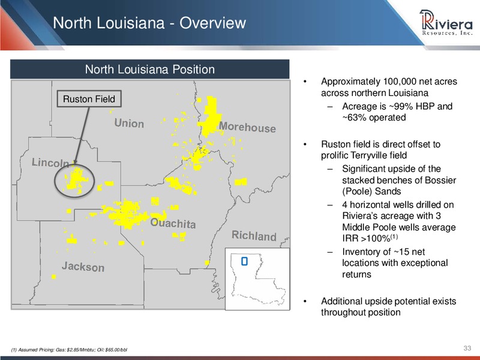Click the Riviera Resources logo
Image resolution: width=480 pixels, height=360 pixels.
tap(446, 22)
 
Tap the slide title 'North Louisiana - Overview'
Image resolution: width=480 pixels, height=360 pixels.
tap(149, 23)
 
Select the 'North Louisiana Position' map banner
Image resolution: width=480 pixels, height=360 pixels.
tap(149, 69)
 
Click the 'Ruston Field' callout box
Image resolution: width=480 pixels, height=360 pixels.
tap(89, 99)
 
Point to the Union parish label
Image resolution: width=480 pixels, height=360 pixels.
tap(129, 123)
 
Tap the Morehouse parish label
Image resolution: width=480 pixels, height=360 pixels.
tap(247, 127)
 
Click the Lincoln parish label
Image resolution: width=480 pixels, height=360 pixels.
tap(50, 163)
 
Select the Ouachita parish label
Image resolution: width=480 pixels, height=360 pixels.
tap(173, 223)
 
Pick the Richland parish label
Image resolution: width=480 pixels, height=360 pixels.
tap(254, 236)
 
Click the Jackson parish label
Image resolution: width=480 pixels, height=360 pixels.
tap(83, 266)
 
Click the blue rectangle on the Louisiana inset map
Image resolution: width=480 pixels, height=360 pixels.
tap(244, 261)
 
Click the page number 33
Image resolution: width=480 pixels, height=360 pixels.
tap(467, 348)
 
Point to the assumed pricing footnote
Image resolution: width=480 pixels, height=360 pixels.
tap(69, 350)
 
